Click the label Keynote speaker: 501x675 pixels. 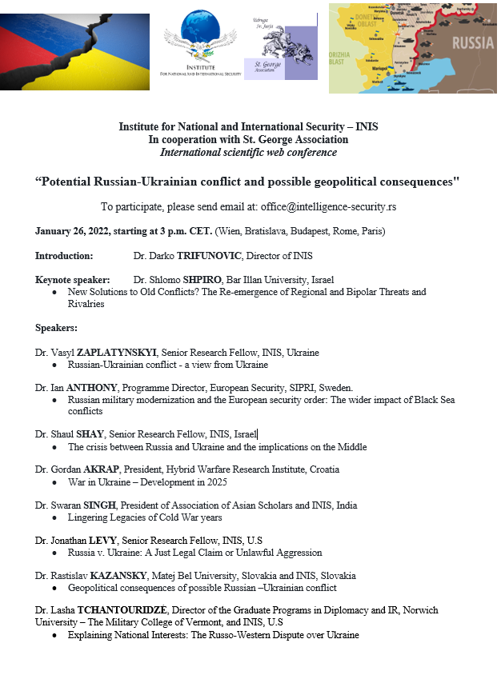click(x=71, y=280)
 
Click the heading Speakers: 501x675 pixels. click(x=56, y=328)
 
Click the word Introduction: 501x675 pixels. click(x=64, y=256)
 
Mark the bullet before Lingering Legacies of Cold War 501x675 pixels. click(x=54, y=518)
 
